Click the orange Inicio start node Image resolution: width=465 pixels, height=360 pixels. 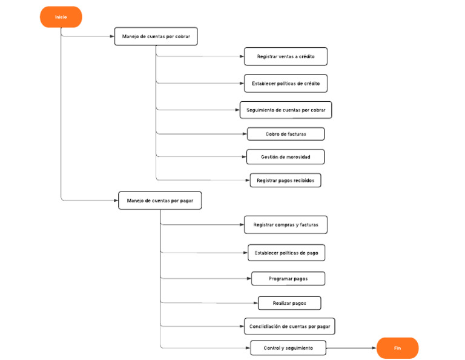point(61,17)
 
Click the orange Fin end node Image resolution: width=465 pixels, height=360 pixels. point(397,348)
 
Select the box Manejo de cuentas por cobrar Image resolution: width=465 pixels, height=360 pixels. point(156,36)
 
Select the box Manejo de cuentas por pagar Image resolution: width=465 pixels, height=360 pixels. point(160,201)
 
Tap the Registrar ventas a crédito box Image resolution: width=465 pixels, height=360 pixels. point(286,56)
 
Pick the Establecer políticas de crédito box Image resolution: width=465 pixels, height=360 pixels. point(286,83)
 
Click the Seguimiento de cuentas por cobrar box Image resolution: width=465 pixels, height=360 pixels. point(286,110)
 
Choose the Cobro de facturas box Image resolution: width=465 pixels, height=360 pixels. point(286,134)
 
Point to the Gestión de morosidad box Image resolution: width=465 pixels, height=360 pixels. point(286,157)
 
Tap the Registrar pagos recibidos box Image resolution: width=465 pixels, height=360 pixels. point(286,180)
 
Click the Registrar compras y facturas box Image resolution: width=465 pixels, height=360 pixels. point(286,225)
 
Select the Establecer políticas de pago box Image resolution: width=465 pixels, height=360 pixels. point(286,252)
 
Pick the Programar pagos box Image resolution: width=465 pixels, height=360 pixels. point(288,279)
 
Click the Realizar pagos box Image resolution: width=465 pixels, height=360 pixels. point(289,303)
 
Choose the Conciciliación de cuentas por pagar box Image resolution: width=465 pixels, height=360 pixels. point(290,326)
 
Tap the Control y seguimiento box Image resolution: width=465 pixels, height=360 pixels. point(288,348)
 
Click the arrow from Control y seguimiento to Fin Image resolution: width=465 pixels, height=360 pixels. point(351,348)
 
